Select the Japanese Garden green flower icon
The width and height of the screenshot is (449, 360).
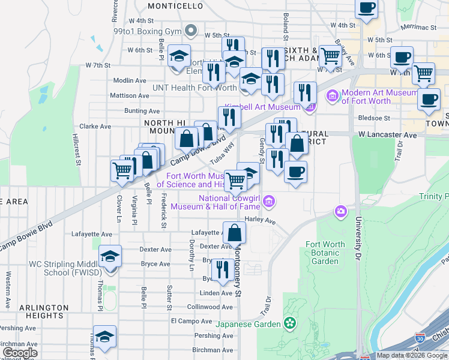(291, 324)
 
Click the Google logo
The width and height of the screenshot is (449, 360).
(20, 352)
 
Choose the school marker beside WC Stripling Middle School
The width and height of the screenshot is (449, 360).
(110, 257)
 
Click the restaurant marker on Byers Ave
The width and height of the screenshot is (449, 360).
(223, 271)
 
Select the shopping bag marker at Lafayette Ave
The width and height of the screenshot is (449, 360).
(234, 233)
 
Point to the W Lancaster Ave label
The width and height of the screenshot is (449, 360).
(388, 136)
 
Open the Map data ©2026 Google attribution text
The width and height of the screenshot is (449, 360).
(412, 355)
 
